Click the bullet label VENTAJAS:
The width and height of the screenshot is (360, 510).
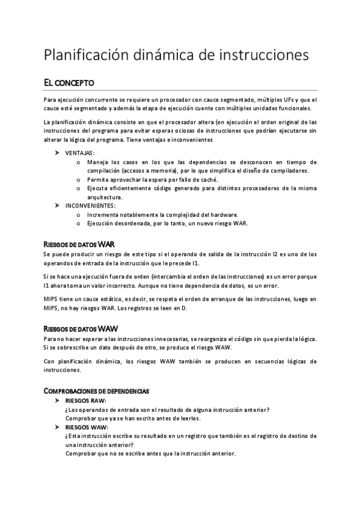(x=80, y=153)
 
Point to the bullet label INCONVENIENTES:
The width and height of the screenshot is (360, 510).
(x=91, y=205)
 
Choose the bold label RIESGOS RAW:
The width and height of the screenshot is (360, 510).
(x=86, y=401)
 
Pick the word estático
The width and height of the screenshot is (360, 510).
(x=115, y=299)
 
